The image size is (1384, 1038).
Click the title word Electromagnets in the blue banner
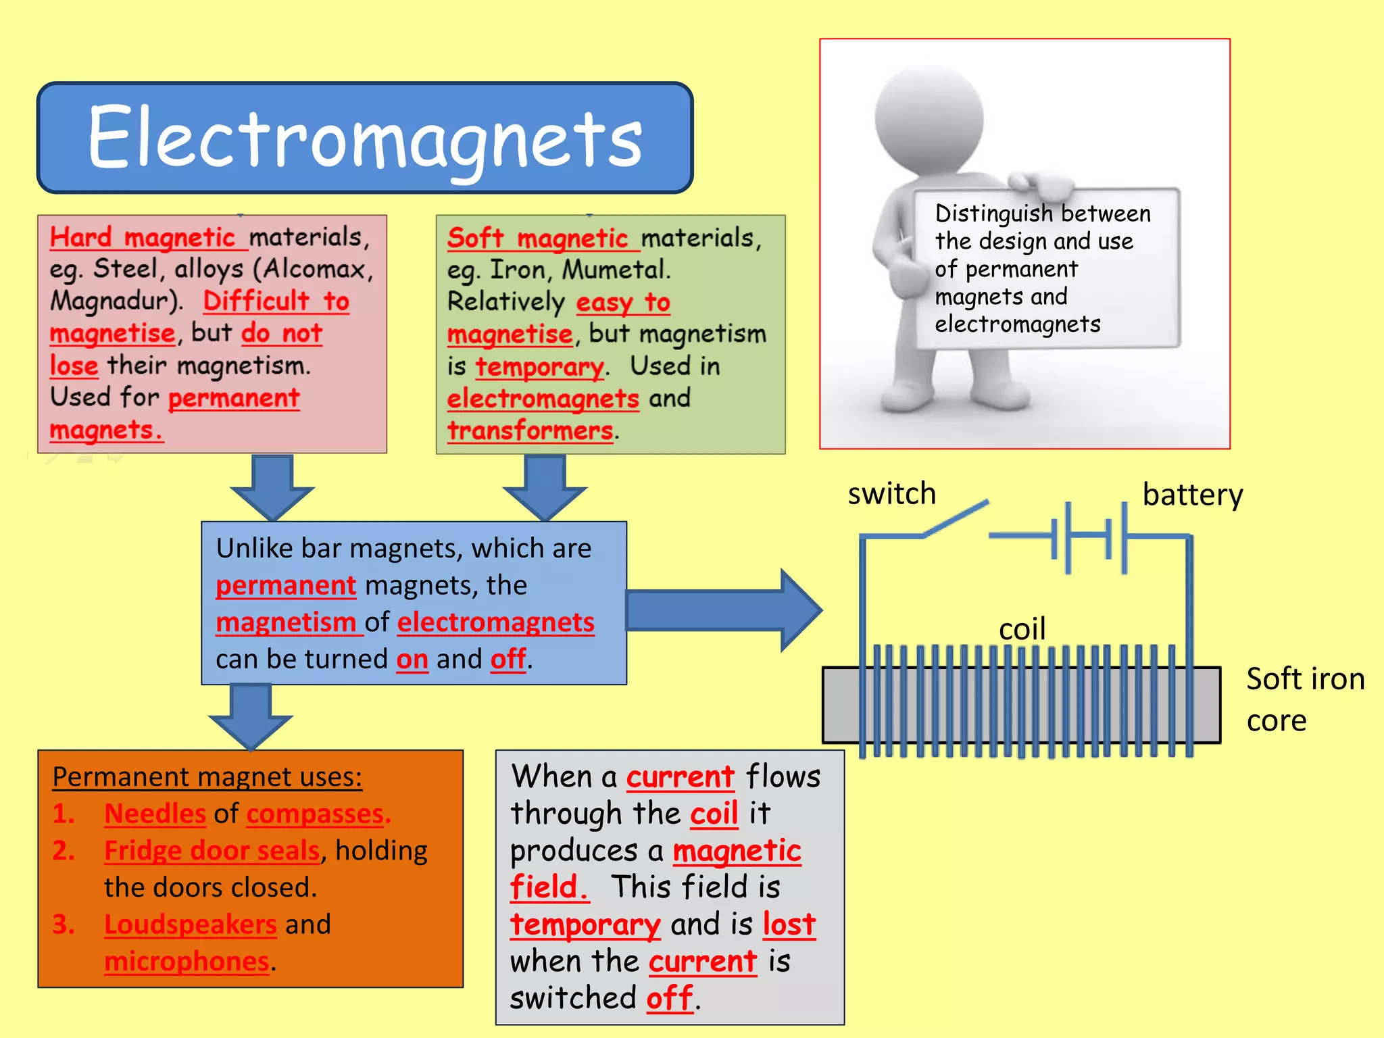click(x=365, y=138)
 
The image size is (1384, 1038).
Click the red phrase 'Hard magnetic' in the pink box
click(x=143, y=238)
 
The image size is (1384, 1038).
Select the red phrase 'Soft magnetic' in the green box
click(x=538, y=239)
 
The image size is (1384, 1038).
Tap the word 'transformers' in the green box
click(x=530, y=430)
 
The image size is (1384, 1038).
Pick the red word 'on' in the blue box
click(x=412, y=659)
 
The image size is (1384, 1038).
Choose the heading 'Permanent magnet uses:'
click(x=207, y=777)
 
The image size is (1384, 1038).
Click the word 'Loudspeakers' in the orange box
click(x=190, y=924)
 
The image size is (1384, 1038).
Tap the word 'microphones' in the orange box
click(x=187, y=962)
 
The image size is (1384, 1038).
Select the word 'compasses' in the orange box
click(x=315, y=814)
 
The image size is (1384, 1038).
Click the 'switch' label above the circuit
click(x=891, y=494)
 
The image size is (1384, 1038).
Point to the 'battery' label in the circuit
click(x=1192, y=495)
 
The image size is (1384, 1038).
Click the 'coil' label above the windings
click(x=1022, y=629)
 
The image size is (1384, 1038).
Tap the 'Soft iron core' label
click(x=1304, y=699)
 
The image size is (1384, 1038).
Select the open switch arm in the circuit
click(x=956, y=519)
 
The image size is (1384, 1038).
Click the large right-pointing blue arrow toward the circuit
click(x=723, y=610)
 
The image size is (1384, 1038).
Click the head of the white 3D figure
click(x=929, y=118)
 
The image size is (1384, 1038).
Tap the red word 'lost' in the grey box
click(x=789, y=924)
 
